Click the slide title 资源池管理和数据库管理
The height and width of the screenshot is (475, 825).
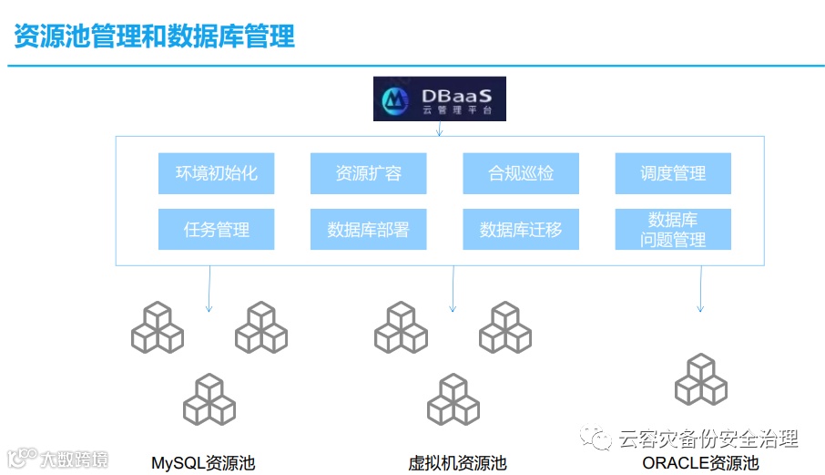[x=154, y=36]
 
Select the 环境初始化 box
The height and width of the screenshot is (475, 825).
[x=216, y=173]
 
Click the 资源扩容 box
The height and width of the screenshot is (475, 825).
[x=368, y=173]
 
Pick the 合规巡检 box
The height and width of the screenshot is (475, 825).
[x=520, y=173]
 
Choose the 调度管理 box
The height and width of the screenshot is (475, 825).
[x=672, y=173]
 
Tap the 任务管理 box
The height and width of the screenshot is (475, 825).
[x=216, y=230]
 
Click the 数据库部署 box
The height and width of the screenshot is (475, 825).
[x=368, y=230]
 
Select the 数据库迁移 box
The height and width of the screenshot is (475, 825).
[x=520, y=230]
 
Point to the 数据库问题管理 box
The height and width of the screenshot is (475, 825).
[x=672, y=230]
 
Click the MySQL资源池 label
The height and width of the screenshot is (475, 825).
[x=203, y=462]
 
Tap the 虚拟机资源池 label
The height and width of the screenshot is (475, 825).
[x=456, y=462]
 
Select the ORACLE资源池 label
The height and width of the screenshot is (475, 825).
[x=700, y=462]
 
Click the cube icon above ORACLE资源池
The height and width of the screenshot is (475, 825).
[x=700, y=380]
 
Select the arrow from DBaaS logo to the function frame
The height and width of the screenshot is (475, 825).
[x=439, y=129]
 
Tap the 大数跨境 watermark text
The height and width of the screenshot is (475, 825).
[x=73, y=459]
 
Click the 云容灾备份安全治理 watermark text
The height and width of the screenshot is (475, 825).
[x=708, y=439]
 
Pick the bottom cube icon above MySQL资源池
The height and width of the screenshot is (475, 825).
[x=209, y=398]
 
